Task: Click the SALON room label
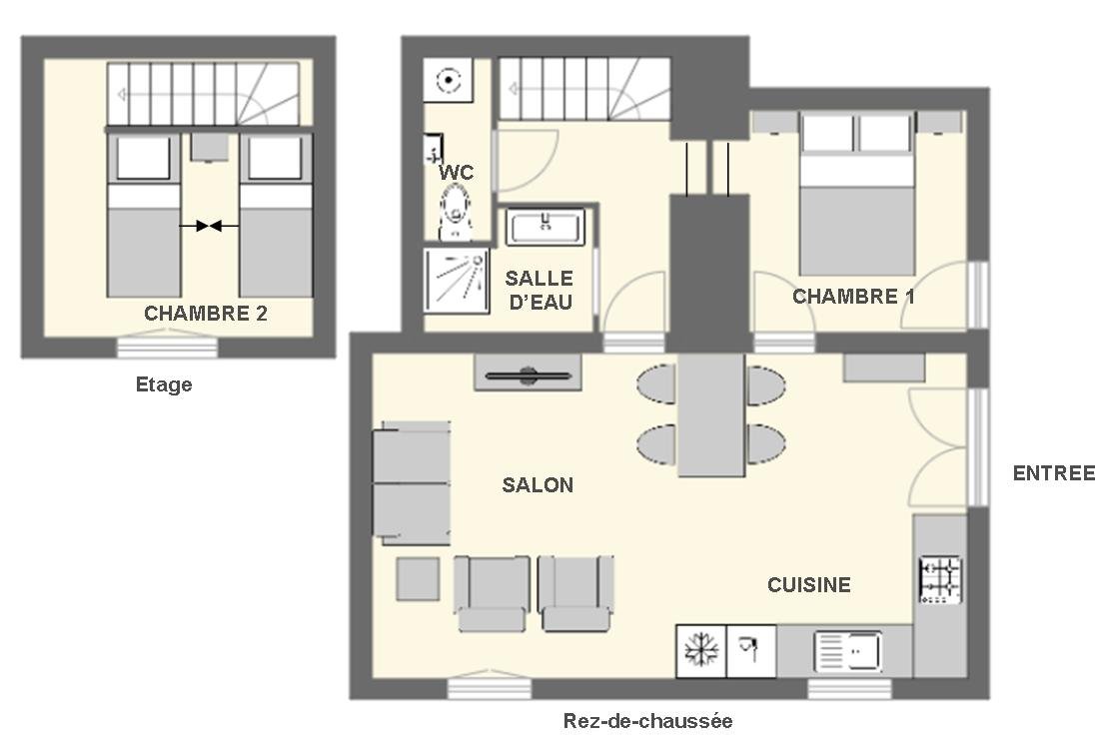[538, 484]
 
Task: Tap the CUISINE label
[809, 584]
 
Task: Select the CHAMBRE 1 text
[853, 297]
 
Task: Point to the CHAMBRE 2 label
[205, 314]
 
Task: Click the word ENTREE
[1054, 473]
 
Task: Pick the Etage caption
[164, 384]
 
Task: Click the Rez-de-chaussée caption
[647, 721]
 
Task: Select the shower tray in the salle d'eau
[457, 280]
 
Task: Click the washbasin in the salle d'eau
[546, 227]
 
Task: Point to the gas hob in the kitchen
[941, 580]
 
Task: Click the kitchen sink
[848, 651]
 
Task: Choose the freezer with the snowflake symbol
[701, 651]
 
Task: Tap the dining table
[711, 415]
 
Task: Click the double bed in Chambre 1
[857, 194]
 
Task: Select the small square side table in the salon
[418, 578]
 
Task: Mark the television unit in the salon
[528, 373]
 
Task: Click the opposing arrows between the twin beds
[209, 226]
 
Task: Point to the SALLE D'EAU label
[540, 290]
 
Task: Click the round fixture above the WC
[448, 81]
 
